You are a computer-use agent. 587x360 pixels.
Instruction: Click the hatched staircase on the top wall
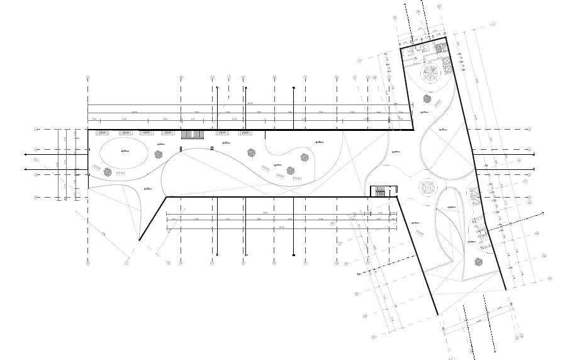point(191,134)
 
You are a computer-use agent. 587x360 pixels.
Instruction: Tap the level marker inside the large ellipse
point(125,151)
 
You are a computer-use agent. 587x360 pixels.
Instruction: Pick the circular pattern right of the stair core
point(428,187)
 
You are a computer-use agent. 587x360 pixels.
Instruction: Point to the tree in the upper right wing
point(427,99)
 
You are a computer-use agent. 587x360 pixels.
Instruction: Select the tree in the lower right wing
point(477,262)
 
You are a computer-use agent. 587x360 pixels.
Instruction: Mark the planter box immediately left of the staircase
point(168,133)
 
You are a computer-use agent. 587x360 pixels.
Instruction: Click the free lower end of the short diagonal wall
point(139,240)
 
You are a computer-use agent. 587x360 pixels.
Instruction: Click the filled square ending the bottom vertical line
point(294,255)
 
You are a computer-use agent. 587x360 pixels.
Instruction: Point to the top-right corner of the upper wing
point(446,38)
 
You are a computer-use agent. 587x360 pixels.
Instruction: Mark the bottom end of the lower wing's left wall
point(438,315)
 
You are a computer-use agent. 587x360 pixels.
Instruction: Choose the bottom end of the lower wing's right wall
point(505,290)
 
